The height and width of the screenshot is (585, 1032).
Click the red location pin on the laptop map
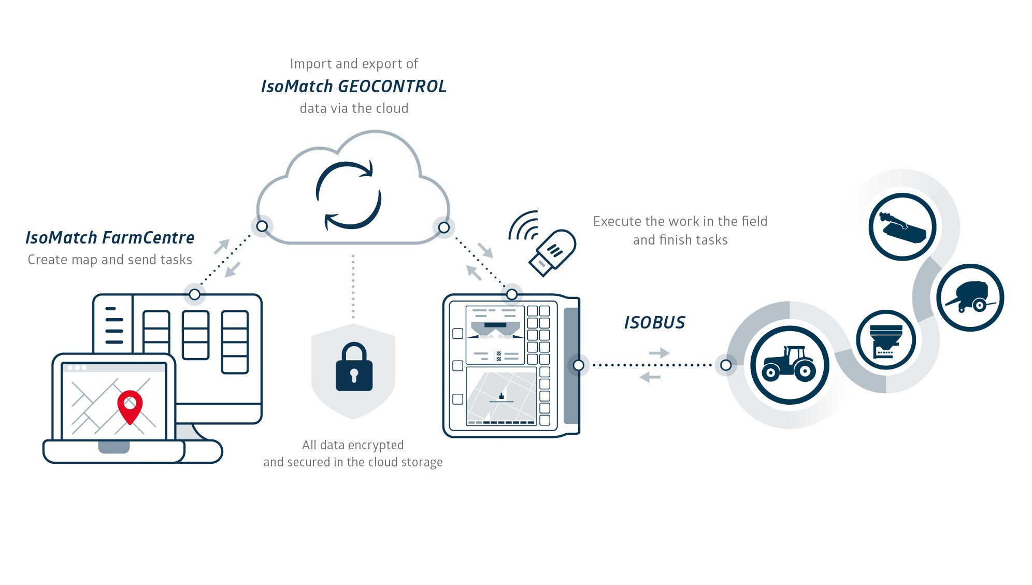pos(130,406)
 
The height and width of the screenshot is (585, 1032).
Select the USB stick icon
pos(552,252)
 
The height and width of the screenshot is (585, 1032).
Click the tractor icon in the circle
pos(789,364)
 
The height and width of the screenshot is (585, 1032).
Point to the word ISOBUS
pos(654,322)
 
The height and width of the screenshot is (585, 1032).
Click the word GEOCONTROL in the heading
pos(392,87)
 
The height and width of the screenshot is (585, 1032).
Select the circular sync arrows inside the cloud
pos(348,195)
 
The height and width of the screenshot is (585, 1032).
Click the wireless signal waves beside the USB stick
pos(523,226)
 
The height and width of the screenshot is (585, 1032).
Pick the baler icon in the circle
pos(970,297)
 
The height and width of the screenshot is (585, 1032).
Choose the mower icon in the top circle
pos(902,227)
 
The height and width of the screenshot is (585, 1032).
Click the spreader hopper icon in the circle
pos(886,340)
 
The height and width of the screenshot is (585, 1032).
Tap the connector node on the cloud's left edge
pos(262,226)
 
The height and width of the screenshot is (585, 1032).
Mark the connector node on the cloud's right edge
pos(444,227)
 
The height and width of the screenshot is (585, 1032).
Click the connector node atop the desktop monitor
pos(194,294)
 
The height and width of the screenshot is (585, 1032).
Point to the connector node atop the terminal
pos(512,294)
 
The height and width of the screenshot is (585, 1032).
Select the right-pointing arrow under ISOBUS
pos(659,353)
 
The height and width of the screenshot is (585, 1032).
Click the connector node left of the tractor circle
pos(726,365)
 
